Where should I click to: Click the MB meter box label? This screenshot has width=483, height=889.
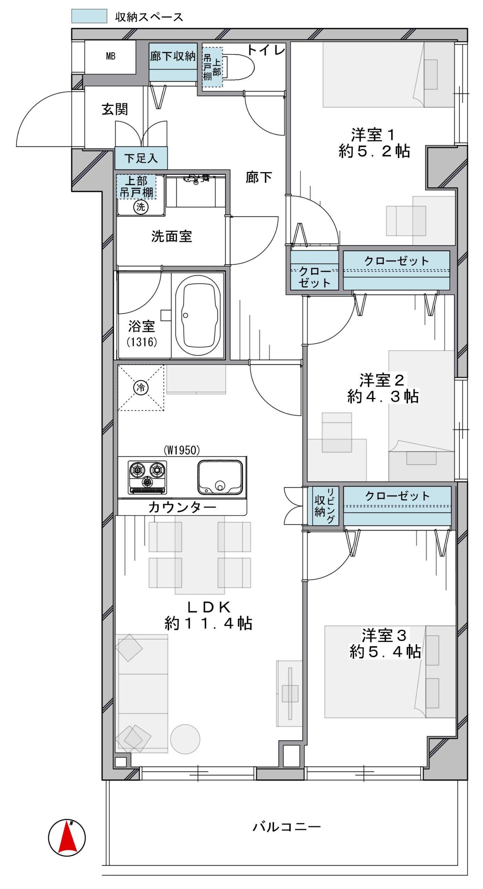[x=110, y=56]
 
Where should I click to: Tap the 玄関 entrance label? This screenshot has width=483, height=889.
[x=115, y=109]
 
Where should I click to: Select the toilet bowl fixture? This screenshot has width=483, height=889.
[x=239, y=67]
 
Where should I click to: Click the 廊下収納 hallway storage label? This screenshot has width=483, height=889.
[x=173, y=56]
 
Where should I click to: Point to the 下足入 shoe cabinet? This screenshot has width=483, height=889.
[x=141, y=158]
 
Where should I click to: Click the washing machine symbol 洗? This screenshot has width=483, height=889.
[x=141, y=207]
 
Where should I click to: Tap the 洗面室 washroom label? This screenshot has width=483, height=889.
[x=171, y=236]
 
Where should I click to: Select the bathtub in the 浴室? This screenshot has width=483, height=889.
[x=198, y=315]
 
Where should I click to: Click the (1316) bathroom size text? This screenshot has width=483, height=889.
[x=142, y=342]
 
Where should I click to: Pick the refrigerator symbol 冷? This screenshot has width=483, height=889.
[x=141, y=387]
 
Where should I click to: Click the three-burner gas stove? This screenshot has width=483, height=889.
[x=147, y=477]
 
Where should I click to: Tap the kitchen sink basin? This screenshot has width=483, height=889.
[x=220, y=477]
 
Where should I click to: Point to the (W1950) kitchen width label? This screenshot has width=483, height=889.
[x=182, y=450]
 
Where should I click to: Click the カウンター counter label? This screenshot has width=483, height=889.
[x=182, y=507]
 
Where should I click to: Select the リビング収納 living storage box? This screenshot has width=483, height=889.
[x=324, y=506]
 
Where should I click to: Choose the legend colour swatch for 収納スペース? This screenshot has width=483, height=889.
[x=89, y=16]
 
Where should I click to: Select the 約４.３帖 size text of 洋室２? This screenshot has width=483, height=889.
[x=383, y=396]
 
